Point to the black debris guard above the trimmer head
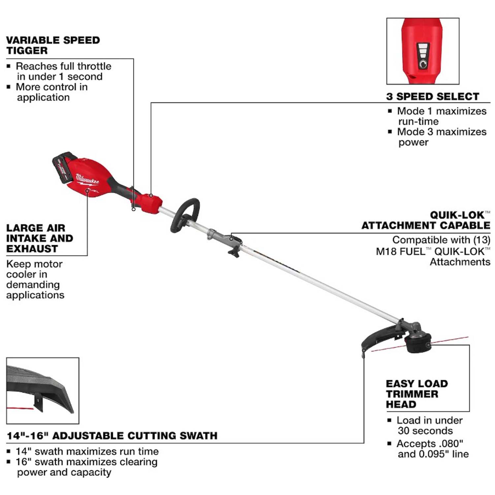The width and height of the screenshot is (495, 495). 383,337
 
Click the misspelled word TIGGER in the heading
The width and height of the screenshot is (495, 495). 27,50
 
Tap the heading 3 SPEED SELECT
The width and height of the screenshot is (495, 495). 433,96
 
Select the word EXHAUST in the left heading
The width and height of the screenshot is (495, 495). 32,248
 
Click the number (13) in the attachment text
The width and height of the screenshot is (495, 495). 480,240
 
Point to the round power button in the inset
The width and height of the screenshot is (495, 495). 423,63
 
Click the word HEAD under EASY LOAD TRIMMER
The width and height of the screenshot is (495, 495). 401,404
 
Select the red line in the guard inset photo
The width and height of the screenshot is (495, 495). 20,409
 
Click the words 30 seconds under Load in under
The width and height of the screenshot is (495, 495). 425,431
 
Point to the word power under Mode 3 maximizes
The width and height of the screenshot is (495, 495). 413,143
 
